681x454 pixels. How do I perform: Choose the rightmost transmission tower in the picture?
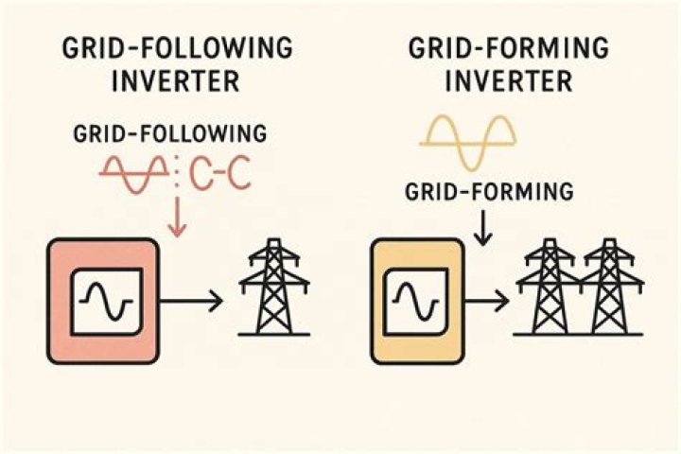click(x=610, y=288)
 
